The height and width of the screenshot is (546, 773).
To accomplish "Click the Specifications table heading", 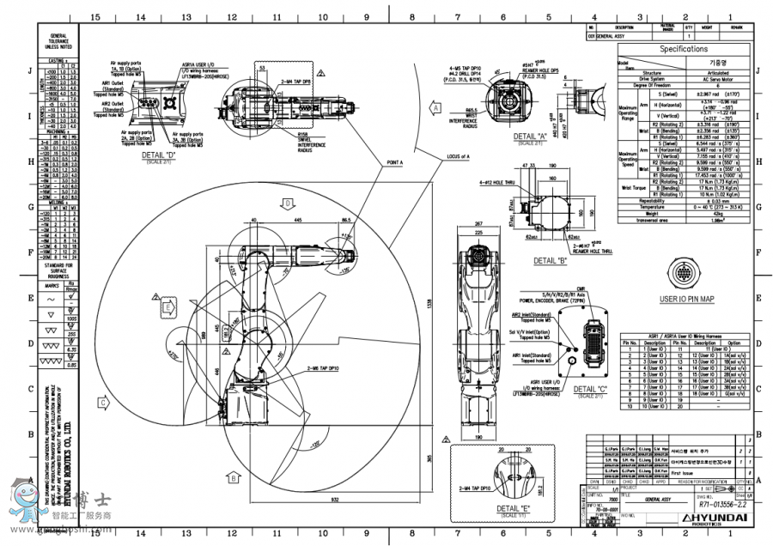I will point(684,49).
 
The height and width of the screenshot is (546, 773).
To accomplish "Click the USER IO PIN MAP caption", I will point(687,299).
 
